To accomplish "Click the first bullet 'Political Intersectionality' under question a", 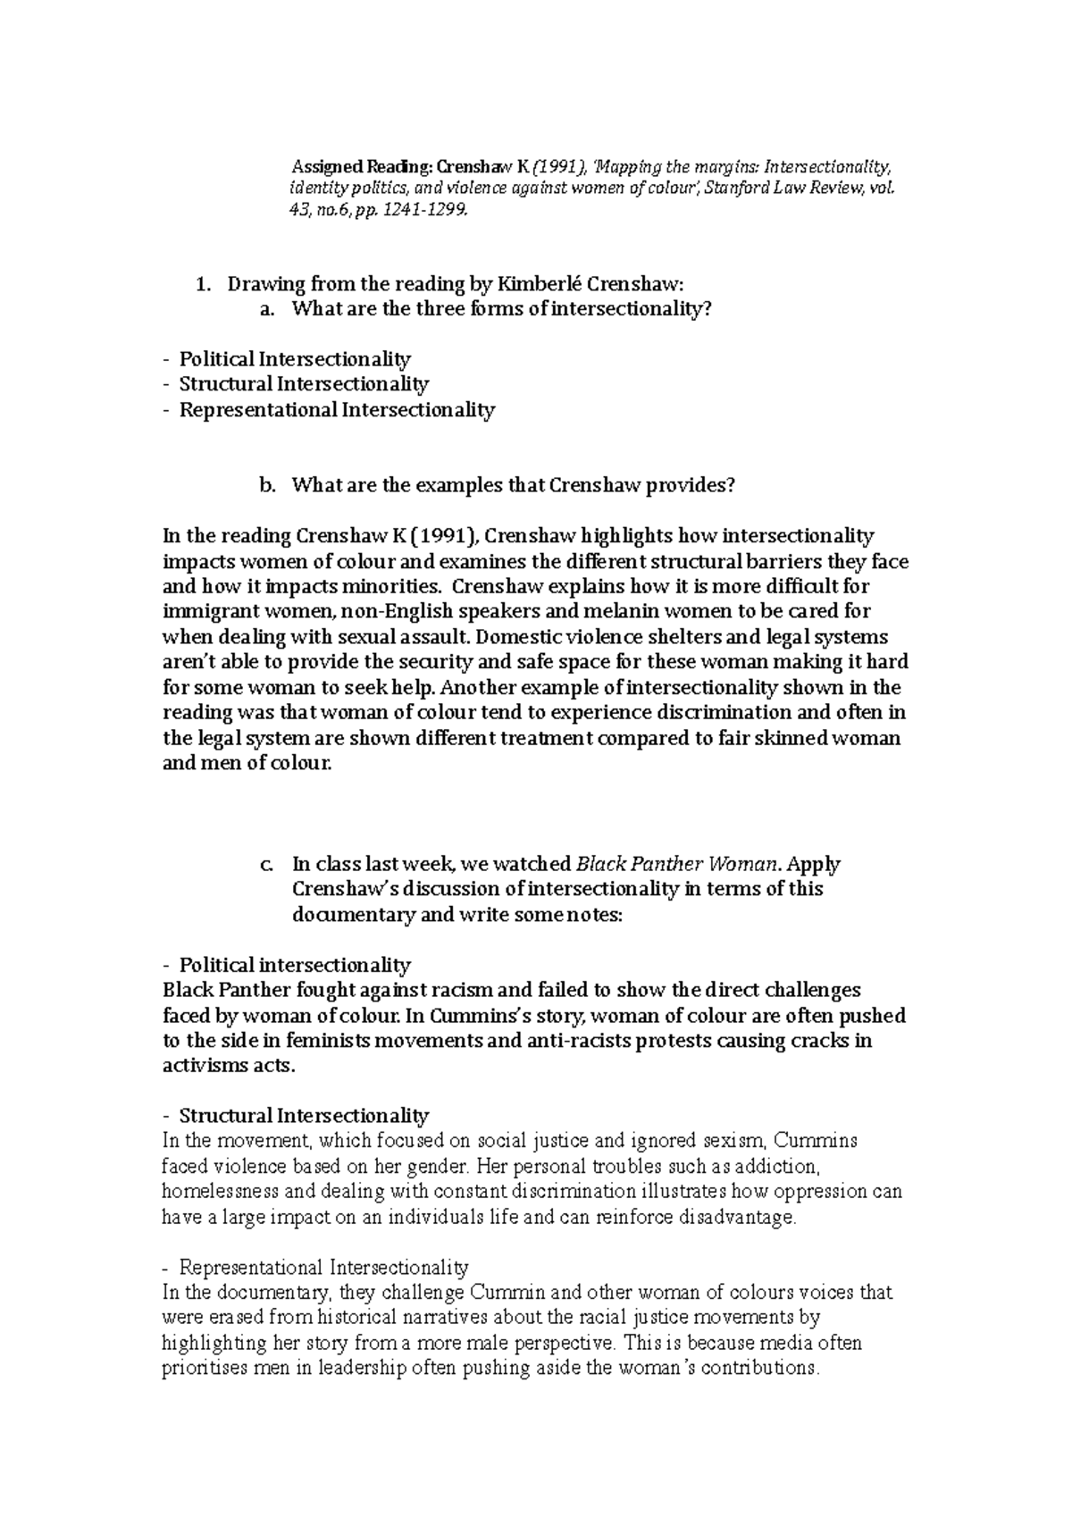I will click(x=295, y=359).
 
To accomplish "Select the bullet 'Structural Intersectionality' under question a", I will click(x=304, y=384).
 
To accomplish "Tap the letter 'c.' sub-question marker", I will click(x=266, y=864).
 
